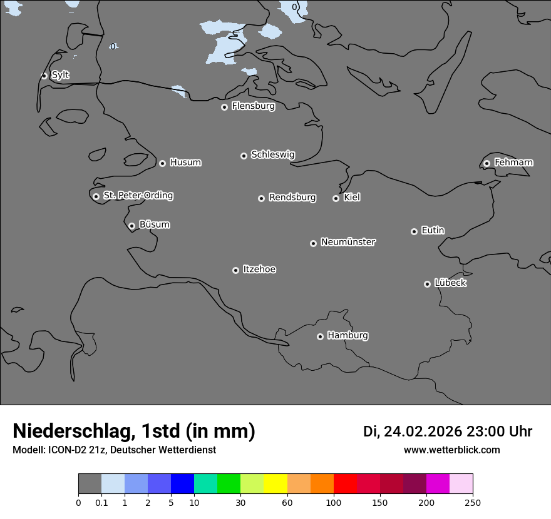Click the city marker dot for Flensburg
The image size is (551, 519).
tap(224, 107)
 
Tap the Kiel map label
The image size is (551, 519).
tap(352, 197)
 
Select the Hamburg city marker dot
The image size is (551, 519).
tap(320, 336)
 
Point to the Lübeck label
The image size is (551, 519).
tap(450, 283)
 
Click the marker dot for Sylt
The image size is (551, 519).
tap(44, 76)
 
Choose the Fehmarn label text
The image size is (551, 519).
tap(513, 163)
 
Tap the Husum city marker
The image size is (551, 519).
tap(162, 163)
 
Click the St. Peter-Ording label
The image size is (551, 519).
tap(138, 195)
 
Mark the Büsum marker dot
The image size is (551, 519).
tap(131, 226)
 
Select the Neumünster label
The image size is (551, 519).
tap(348, 242)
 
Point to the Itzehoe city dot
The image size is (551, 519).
tap(235, 270)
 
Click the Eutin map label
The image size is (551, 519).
tap(433, 230)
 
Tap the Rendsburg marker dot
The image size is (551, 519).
tap(261, 198)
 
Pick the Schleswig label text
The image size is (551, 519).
tap(272, 154)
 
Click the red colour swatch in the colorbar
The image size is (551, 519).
tap(345, 484)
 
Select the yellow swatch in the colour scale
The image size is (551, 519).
tap(275, 484)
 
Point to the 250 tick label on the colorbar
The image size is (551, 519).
tap(473, 502)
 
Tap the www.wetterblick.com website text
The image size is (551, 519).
tap(451, 450)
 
